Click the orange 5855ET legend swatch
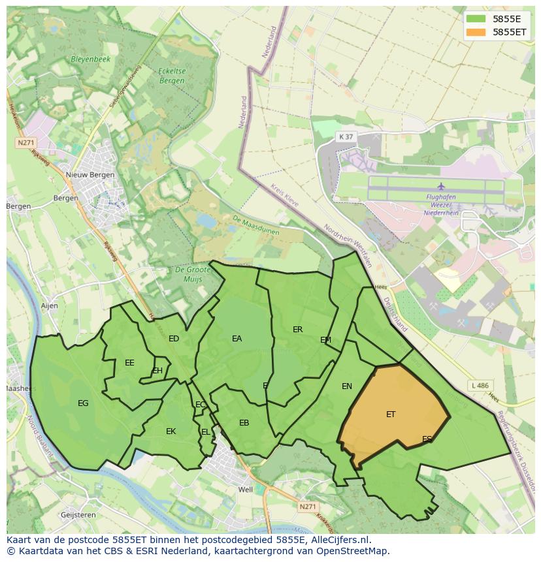click(x=476, y=31)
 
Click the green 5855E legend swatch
click(x=476, y=18)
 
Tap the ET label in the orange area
click(x=391, y=414)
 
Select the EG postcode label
click(x=83, y=403)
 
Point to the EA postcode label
click(x=237, y=338)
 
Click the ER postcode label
click(x=298, y=330)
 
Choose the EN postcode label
click(x=347, y=386)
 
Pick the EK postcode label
click(x=171, y=431)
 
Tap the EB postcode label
click(x=244, y=423)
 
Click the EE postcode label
click(x=129, y=363)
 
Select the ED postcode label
click(x=174, y=338)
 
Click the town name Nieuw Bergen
click(x=90, y=175)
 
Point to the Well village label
click(x=246, y=490)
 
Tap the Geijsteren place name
click(x=77, y=515)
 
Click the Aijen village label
click(x=49, y=305)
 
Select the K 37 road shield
click(x=346, y=136)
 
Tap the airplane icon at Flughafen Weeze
click(x=441, y=186)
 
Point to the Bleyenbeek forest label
click(x=90, y=59)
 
